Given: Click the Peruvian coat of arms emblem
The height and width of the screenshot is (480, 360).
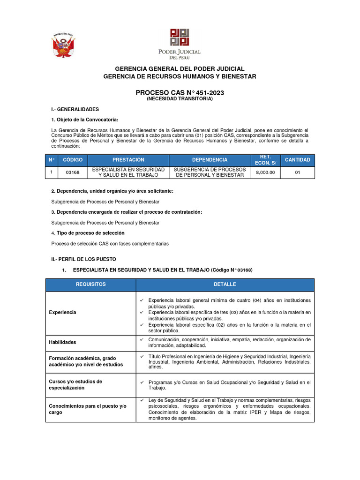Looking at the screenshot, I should (64, 46).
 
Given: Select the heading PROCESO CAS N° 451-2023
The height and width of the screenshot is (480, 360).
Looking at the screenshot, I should (180, 93).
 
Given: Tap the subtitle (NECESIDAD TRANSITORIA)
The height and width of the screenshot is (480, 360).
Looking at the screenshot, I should (180, 99).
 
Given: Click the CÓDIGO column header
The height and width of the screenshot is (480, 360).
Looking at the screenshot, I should (73, 160).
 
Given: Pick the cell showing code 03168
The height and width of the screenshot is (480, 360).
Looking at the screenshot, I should (73, 172).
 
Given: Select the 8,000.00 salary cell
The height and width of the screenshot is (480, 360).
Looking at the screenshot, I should (266, 172).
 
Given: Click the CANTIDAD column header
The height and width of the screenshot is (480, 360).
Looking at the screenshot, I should (298, 160).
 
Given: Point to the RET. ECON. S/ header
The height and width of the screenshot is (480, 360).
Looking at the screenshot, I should (266, 160).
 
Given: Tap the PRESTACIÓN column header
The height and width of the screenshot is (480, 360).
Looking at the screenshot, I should (128, 160).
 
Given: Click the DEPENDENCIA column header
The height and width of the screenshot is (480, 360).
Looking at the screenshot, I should (210, 160).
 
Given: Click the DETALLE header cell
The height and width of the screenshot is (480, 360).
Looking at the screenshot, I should (225, 285).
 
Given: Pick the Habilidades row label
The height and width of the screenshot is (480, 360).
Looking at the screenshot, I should (63, 342).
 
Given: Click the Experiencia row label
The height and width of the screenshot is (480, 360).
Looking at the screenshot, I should (63, 312).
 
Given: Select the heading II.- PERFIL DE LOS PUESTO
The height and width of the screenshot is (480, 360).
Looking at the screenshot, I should (83, 259).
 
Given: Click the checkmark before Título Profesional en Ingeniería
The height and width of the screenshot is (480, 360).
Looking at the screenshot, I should (142, 356).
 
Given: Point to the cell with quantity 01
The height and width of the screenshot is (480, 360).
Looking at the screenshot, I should (298, 172).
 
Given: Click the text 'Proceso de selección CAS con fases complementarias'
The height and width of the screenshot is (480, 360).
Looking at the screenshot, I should (110, 244).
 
